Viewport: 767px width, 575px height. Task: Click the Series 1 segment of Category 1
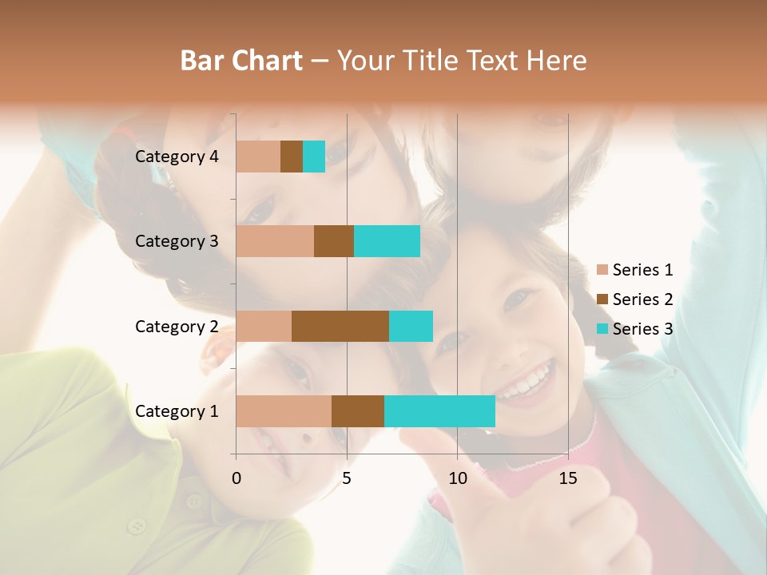pyautogui.click(x=284, y=411)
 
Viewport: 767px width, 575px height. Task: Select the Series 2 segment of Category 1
pyautogui.click(x=358, y=411)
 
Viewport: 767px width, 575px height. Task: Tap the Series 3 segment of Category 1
pyautogui.click(x=439, y=411)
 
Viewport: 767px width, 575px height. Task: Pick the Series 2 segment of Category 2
pyautogui.click(x=340, y=326)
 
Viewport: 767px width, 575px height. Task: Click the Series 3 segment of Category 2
pyautogui.click(x=411, y=326)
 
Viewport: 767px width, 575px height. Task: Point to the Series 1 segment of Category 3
pyautogui.click(x=275, y=241)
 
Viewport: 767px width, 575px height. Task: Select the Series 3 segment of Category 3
pyautogui.click(x=387, y=241)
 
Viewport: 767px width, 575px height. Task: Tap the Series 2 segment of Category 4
pyautogui.click(x=292, y=157)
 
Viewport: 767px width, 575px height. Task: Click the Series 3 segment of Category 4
pyautogui.click(x=314, y=157)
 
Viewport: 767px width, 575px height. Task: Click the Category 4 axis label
pyautogui.click(x=177, y=157)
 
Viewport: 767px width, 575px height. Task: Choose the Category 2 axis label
pyautogui.click(x=177, y=326)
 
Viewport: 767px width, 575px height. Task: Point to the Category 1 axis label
pyautogui.click(x=177, y=411)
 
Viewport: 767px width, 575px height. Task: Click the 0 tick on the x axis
pyautogui.click(x=236, y=478)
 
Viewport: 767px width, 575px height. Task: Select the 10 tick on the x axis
pyautogui.click(x=457, y=478)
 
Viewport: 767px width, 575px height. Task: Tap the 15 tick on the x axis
pyautogui.click(x=567, y=478)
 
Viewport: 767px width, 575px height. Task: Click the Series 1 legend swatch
pyautogui.click(x=602, y=270)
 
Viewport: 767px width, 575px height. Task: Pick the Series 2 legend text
pyautogui.click(x=642, y=299)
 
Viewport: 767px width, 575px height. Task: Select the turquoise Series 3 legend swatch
pyautogui.click(x=602, y=329)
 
